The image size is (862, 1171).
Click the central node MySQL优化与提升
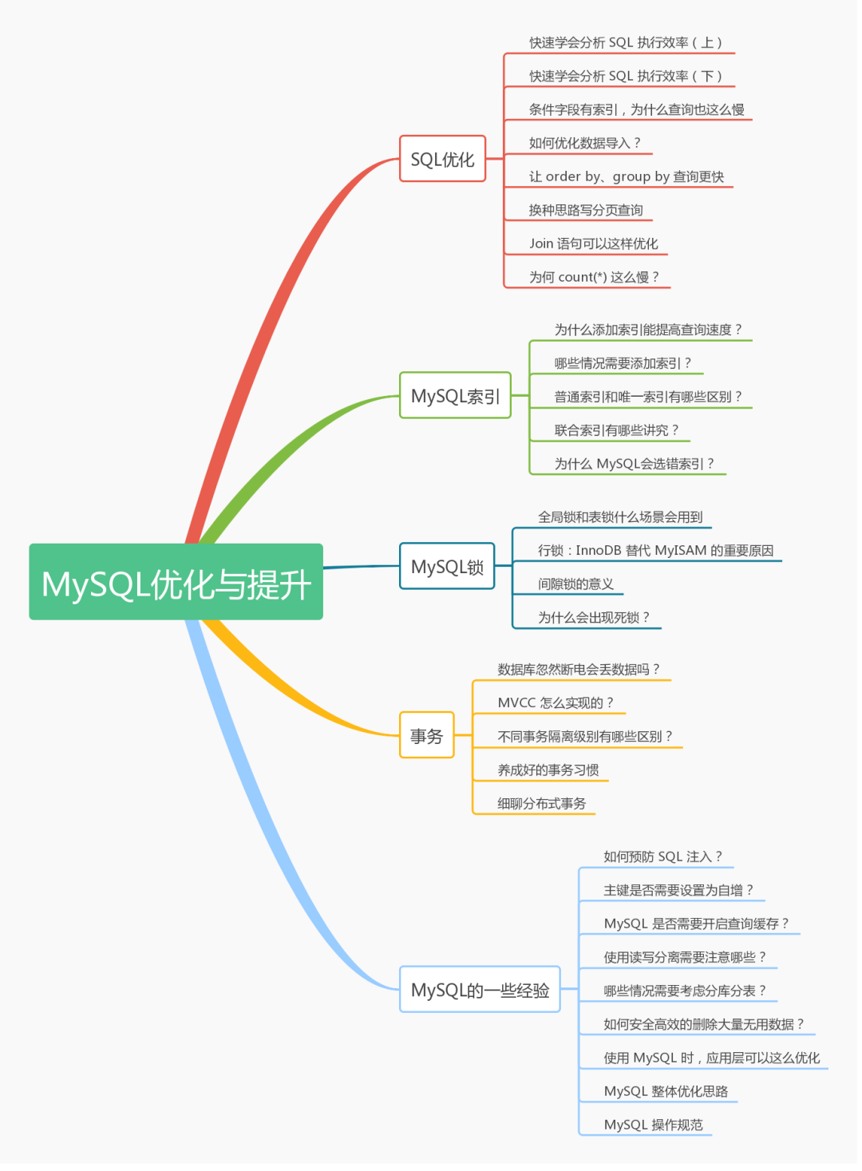click(176, 582)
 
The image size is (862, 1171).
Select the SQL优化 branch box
click(442, 159)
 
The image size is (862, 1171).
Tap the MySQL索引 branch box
click(455, 395)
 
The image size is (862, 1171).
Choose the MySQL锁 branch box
click(447, 566)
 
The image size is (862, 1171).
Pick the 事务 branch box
click(426, 735)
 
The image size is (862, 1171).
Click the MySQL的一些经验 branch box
click(480, 990)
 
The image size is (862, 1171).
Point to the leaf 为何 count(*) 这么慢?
click(594, 277)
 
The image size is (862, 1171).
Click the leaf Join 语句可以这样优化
click(593, 243)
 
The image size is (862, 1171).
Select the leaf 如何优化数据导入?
click(584, 143)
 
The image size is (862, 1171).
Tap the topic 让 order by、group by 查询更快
click(626, 176)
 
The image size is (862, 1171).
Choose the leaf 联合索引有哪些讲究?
click(616, 430)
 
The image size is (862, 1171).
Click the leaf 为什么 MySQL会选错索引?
click(634, 464)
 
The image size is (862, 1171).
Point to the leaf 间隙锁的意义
click(575, 584)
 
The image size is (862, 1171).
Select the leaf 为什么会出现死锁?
click(593, 617)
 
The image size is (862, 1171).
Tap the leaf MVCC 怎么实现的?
click(556, 702)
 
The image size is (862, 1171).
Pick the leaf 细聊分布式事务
click(541, 803)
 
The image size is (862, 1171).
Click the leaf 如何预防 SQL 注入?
click(662, 856)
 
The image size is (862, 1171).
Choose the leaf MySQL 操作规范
click(653, 1125)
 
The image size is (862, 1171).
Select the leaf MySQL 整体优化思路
click(666, 1091)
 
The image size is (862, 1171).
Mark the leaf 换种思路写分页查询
click(585, 210)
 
